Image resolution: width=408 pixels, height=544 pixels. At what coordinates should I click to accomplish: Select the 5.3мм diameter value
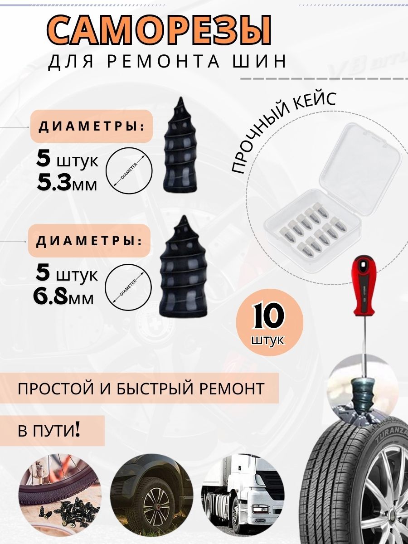[x=67, y=183]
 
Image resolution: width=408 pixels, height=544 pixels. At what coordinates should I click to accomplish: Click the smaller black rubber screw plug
[x=181, y=144]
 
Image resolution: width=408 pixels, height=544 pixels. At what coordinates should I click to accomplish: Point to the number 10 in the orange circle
[x=268, y=317]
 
